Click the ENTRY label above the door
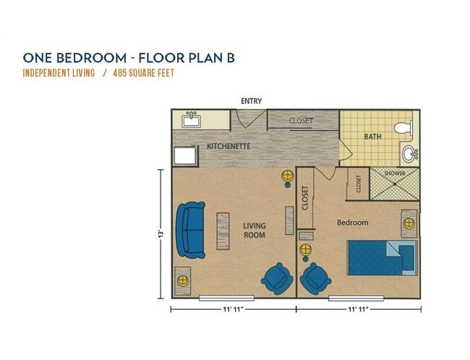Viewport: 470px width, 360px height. (x=252, y=101)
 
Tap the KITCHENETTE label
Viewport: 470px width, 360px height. (x=228, y=147)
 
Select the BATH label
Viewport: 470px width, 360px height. (x=373, y=136)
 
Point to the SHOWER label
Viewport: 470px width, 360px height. (x=395, y=173)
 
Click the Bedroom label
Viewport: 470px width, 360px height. (x=353, y=223)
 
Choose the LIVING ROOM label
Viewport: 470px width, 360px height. (x=254, y=231)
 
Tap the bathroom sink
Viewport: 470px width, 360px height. (x=409, y=153)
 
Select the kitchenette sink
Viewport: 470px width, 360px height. (x=192, y=120)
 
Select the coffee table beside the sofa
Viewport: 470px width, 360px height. (x=222, y=231)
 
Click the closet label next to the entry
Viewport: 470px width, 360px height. (x=301, y=121)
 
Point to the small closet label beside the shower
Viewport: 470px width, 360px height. (x=359, y=184)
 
